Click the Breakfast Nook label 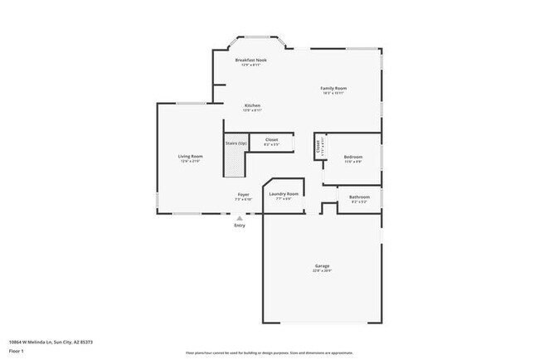pos(250,60)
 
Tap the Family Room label pos(333,88)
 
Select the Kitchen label pos(252,105)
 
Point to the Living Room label pos(191,156)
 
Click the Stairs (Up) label pos(236,143)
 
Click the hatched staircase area pos(236,162)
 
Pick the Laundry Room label pos(283,194)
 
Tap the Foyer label pos(243,194)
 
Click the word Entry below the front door pos(240,225)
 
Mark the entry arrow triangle pos(240,217)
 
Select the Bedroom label pos(353,156)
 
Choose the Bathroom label pos(358,197)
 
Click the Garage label pos(322,266)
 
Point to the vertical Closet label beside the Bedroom pos(318,147)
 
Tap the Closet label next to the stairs pos(271,140)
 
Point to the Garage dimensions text pos(322,271)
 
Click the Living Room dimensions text pos(191,161)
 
